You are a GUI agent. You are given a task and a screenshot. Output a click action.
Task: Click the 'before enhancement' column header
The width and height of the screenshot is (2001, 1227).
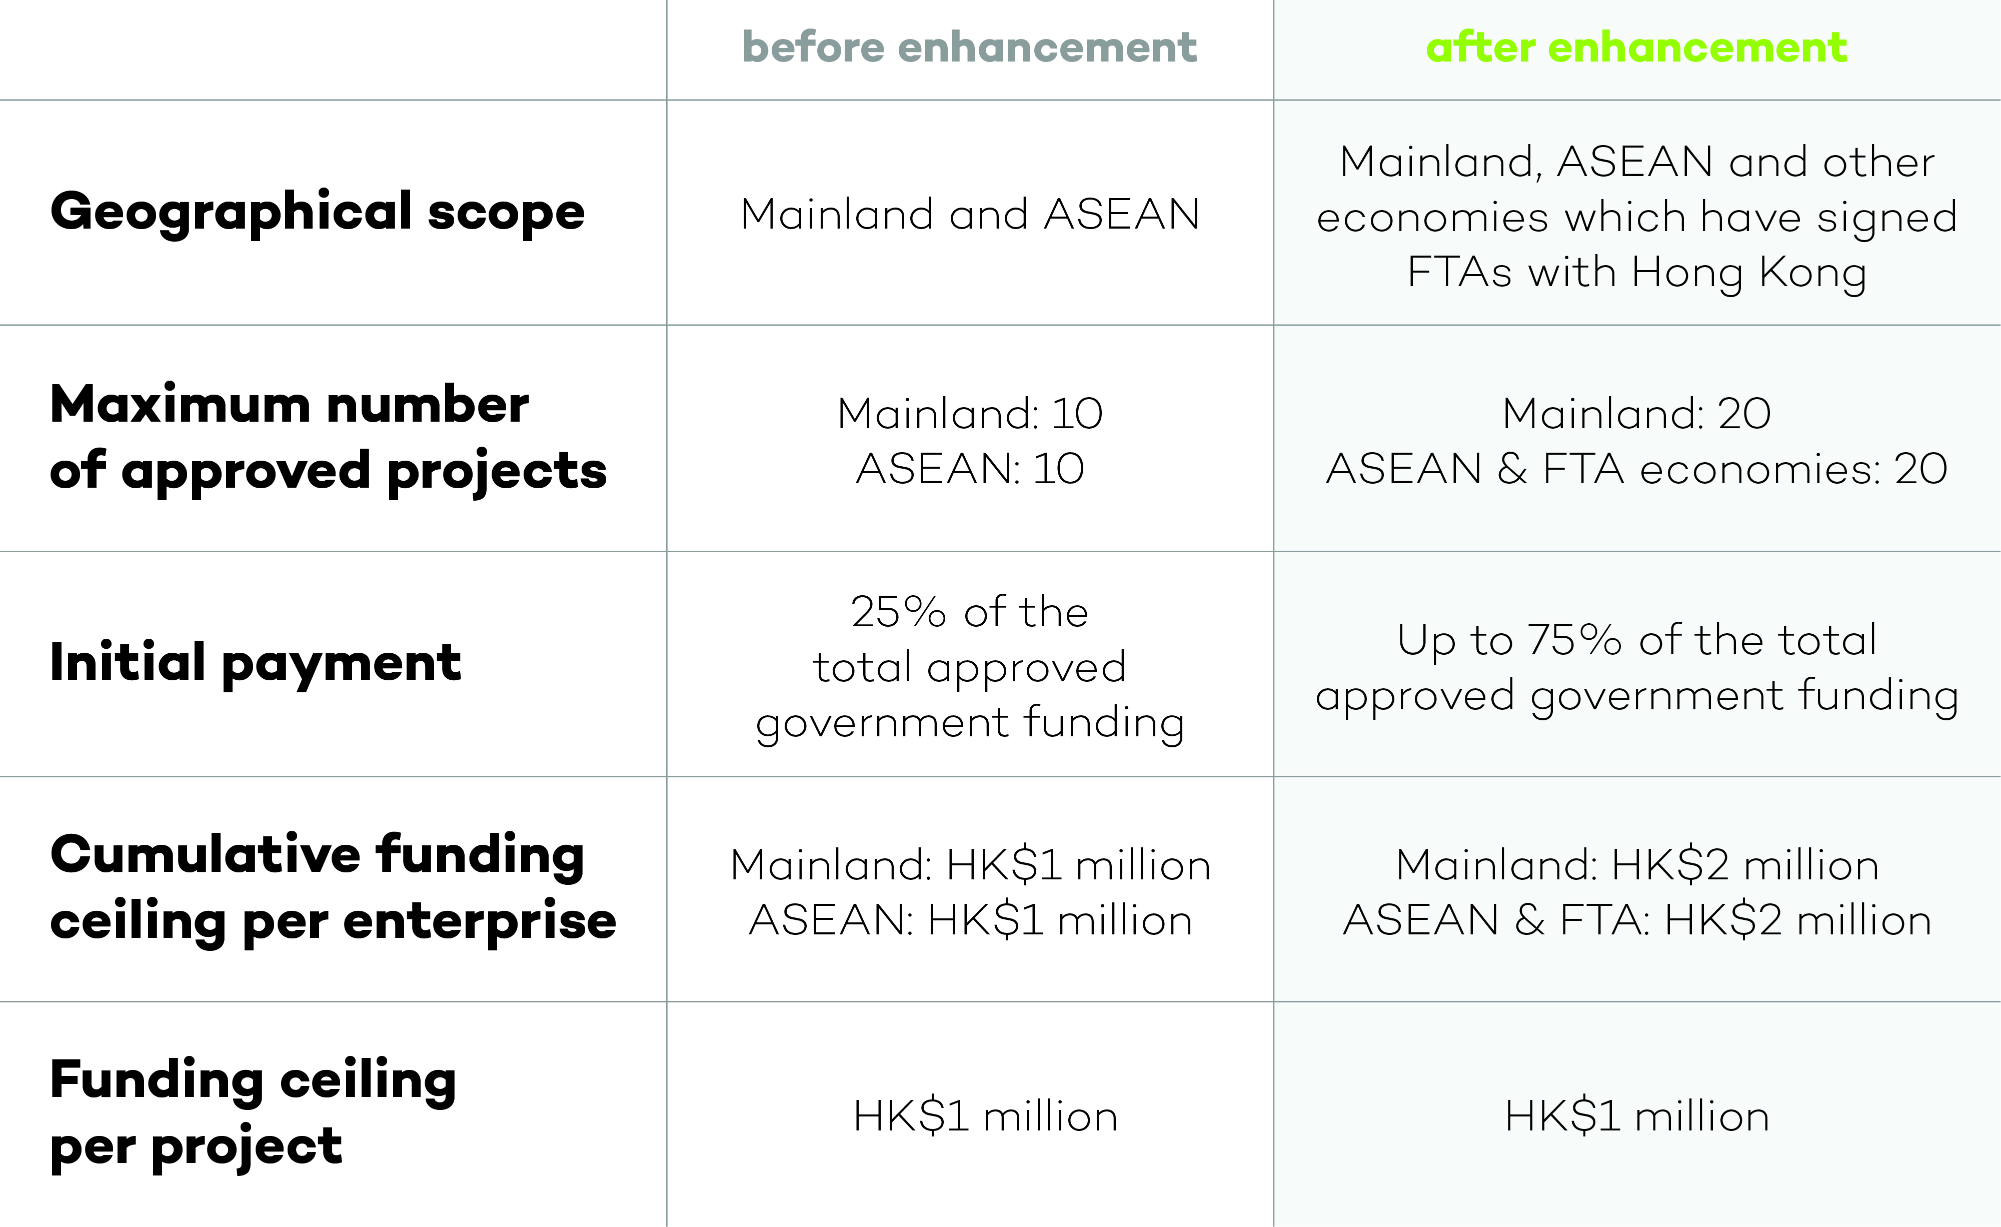(x=970, y=47)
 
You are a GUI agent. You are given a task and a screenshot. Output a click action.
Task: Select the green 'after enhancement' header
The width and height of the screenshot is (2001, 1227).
(x=1636, y=47)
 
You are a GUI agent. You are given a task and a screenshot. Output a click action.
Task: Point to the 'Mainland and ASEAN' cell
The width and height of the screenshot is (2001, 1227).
(x=970, y=215)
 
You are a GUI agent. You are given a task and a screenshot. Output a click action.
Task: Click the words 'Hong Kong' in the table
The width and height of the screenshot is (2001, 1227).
(x=1749, y=273)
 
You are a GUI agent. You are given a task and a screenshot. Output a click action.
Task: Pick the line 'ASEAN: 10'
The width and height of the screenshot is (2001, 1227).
(x=970, y=469)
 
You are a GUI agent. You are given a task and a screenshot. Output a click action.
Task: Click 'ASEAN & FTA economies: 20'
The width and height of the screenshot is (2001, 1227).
(x=1636, y=469)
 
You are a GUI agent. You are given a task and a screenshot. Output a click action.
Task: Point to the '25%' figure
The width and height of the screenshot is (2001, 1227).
(x=898, y=612)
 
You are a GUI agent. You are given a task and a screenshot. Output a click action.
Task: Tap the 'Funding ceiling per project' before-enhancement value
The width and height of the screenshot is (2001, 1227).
(x=985, y=1116)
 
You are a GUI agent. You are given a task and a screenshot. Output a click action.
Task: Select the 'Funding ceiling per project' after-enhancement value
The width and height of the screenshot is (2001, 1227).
(x=1636, y=1116)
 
